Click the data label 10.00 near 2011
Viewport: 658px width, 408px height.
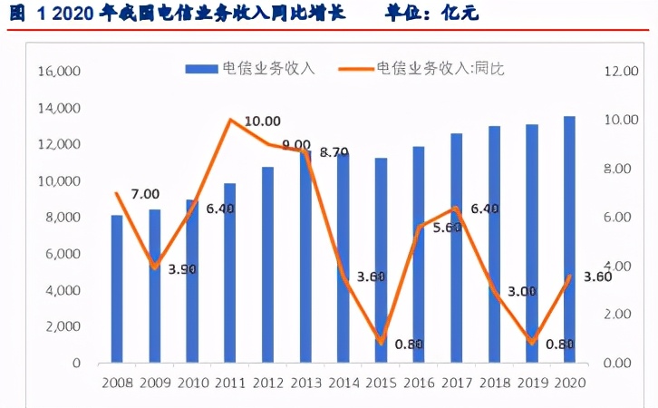(x=263, y=121)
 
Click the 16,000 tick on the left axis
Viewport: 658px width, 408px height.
(x=60, y=72)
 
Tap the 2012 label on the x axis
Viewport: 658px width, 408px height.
(x=267, y=383)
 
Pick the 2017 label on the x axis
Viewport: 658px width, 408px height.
(x=456, y=383)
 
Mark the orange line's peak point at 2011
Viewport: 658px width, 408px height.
(x=230, y=120)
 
